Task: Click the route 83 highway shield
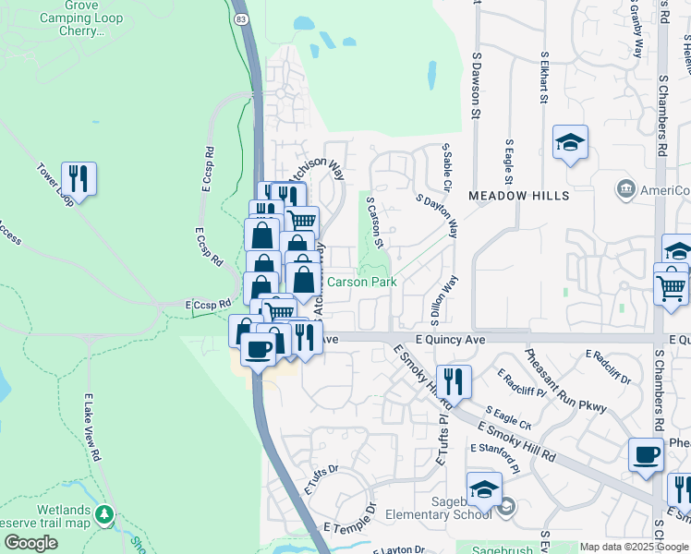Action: (x=241, y=18)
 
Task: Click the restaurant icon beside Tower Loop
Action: (x=79, y=177)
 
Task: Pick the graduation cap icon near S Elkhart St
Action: (x=570, y=143)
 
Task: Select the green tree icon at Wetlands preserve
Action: (x=106, y=513)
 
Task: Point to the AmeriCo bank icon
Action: (x=625, y=189)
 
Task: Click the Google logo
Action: (x=30, y=543)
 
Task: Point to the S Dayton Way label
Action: (x=437, y=215)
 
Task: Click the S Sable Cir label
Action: (x=446, y=167)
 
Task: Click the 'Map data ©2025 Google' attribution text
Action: (x=634, y=547)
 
